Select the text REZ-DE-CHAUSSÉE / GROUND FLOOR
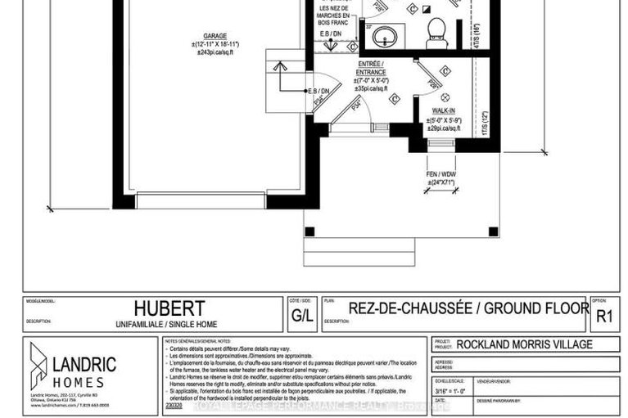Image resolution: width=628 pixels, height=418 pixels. click(468, 308)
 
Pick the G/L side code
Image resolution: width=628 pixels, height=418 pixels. click(300, 313)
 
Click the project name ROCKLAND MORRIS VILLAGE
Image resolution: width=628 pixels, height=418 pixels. click(525, 344)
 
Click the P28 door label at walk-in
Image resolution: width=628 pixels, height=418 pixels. click(435, 84)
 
